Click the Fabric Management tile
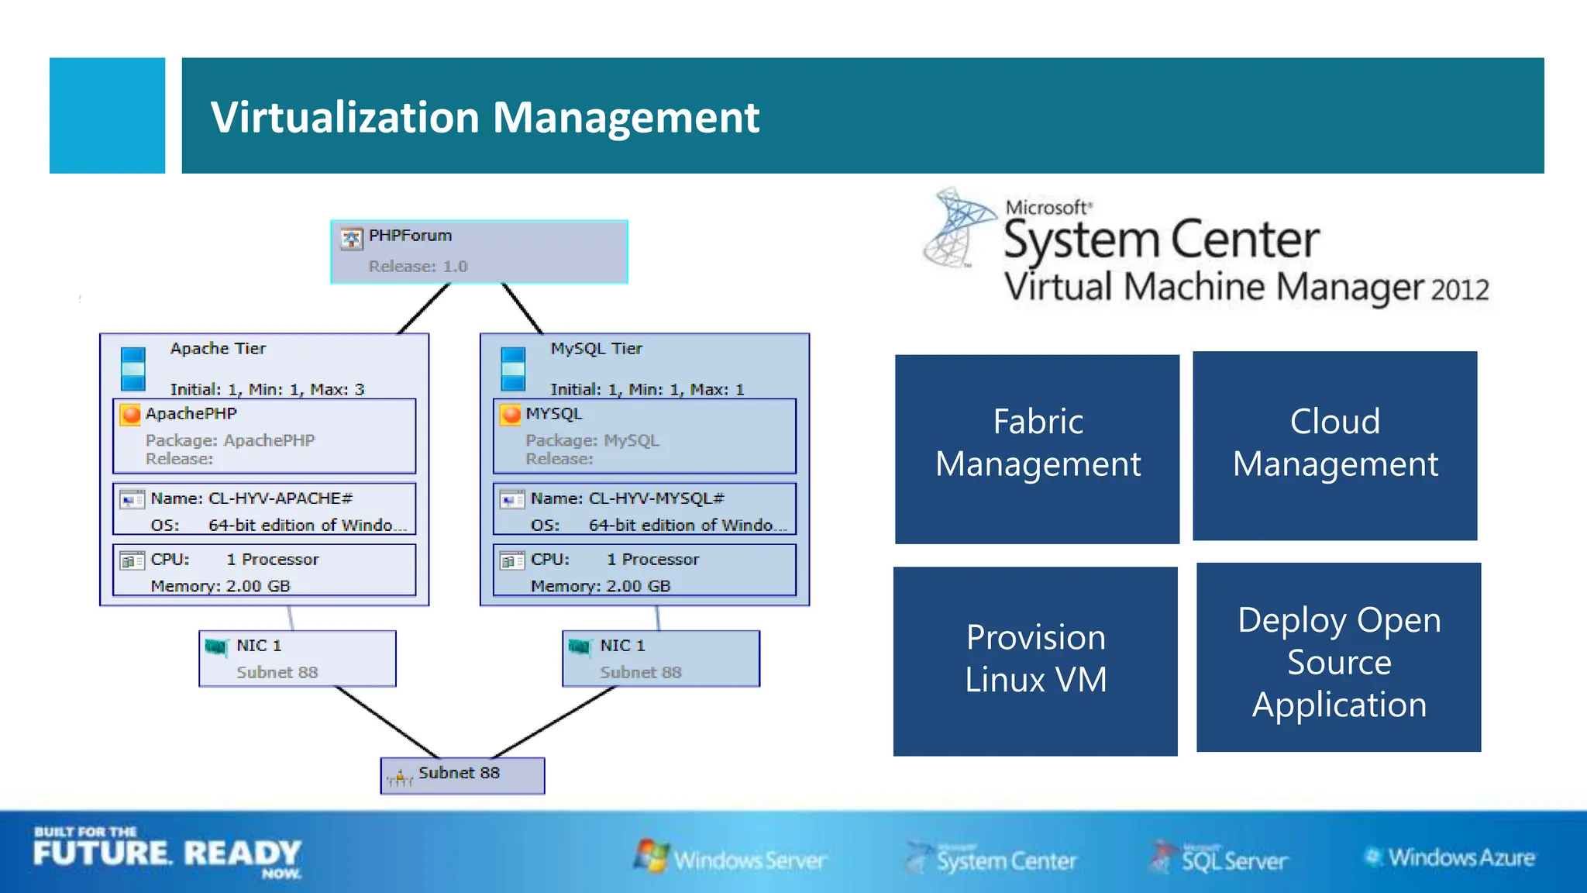pos(1037,449)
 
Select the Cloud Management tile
pos(1334,446)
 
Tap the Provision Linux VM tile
pos(1035,660)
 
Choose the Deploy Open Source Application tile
pos(1338,657)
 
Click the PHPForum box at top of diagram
pos(479,251)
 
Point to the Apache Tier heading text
pos(218,349)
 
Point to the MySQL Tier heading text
pos(596,349)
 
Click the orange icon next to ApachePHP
pos(131,415)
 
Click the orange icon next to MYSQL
pos(511,415)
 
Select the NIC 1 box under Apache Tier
pos(297,658)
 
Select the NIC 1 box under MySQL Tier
pos(660,658)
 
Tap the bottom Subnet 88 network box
pos(462,775)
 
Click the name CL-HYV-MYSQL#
pos(656,498)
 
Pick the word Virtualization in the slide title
pos(345,117)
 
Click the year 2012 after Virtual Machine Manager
pos(1459,290)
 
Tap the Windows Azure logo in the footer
pos(1449,857)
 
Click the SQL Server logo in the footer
pos(1220,859)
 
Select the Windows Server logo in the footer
pos(730,858)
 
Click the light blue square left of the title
pos(107,116)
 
